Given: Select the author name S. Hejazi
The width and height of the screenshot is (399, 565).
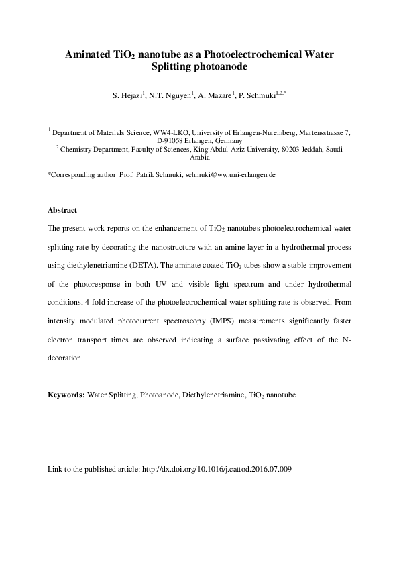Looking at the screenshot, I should tap(127, 96).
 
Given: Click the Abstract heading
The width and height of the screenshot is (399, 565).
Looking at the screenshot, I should tap(62, 210).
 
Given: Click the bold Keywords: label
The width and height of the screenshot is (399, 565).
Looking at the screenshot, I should tap(66, 395).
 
